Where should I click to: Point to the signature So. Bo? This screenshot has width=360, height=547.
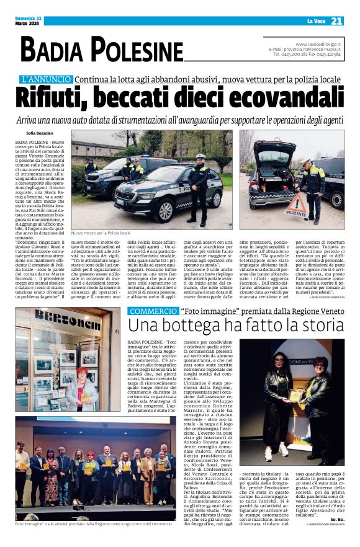coord(336,518)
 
